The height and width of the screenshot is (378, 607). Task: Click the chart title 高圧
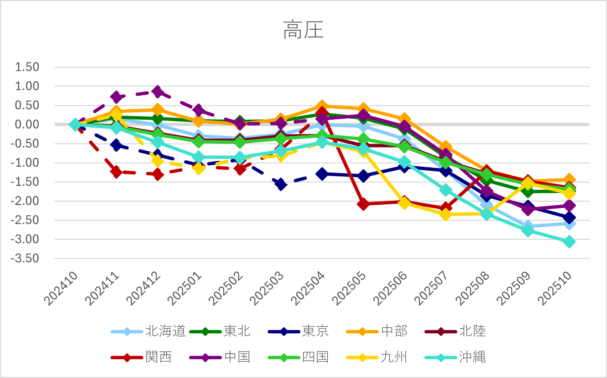tap(303, 30)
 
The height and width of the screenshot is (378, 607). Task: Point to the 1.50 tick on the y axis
tap(27, 67)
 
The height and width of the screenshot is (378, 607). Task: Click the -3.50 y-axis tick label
tap(25, 259)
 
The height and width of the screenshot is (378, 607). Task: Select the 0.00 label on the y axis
tap(27, 124)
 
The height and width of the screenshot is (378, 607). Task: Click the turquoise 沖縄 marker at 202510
tap(569, 242)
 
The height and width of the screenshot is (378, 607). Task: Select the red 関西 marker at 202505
tap(363, 204)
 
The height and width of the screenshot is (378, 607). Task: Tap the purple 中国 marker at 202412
tap(157, 91)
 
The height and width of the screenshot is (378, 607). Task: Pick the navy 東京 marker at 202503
tap(281, 184)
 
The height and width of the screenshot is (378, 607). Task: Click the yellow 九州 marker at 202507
tap(446, 214)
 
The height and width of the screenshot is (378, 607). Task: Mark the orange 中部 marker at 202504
tap(322, 106)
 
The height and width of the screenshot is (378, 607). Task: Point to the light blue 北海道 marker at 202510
tap(569, 224)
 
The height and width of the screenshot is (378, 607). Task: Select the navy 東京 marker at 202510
tap(569, 218)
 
